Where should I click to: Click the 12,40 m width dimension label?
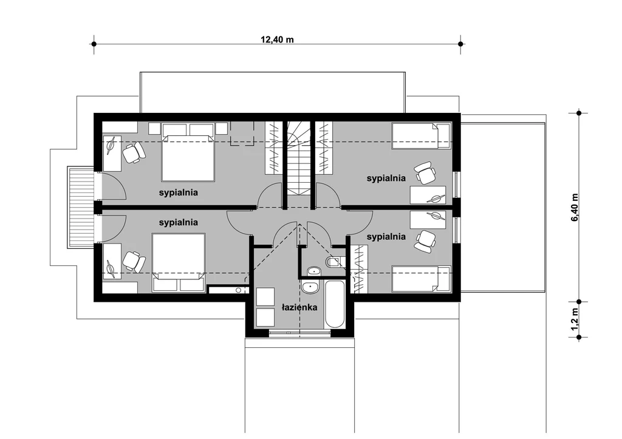[277, 39]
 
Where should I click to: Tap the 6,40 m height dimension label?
[575, 208]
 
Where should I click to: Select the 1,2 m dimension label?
[575, 319]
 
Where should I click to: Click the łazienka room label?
[299, 307]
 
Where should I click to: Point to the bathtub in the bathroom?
[335, 304]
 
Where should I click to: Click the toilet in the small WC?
[333, 262]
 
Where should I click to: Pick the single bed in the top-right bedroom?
[422, 136]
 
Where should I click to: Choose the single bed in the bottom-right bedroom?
[422, 279]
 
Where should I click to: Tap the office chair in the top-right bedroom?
[425, 173]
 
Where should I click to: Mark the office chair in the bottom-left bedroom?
[133, 262]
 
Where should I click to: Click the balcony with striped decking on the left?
[81, 207]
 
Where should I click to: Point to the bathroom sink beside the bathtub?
[310, 287]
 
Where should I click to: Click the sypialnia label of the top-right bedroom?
[386, 178]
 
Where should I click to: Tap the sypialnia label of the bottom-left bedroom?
[178, 222]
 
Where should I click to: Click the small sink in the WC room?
[314, 271]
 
